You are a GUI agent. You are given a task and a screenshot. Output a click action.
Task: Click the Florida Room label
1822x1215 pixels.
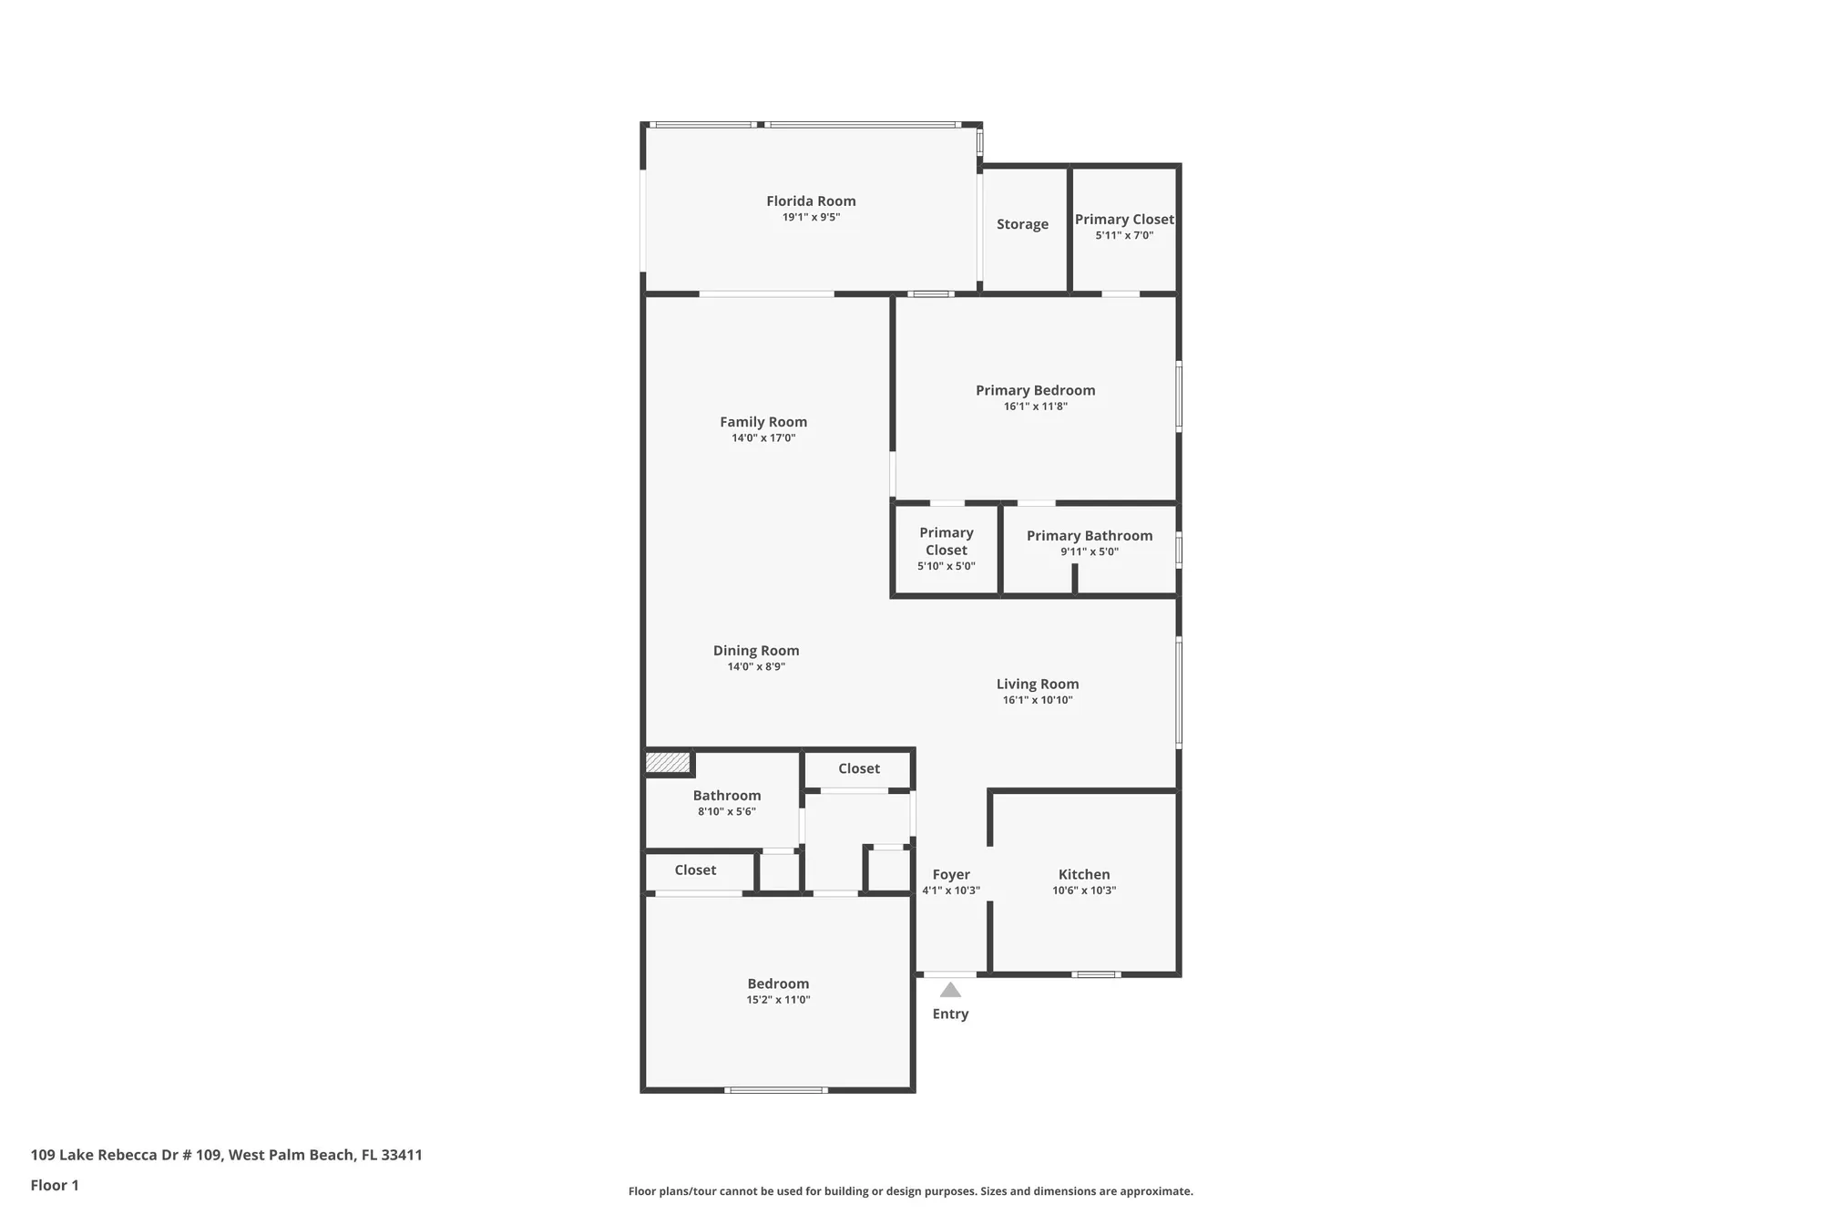(x=811, y=201)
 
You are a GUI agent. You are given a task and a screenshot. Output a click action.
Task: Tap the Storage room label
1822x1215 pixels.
(x=1022, y=224)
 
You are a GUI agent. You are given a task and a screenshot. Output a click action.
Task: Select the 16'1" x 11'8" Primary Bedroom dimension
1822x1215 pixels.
(x=1035, y=407)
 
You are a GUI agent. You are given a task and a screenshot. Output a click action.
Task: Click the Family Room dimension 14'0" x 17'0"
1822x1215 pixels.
(x=763, y=438)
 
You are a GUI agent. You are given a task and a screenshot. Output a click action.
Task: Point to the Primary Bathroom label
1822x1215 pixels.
(x=1090, y=536)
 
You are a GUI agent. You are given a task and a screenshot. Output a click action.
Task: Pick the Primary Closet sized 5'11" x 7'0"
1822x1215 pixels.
(x=1124, y=226)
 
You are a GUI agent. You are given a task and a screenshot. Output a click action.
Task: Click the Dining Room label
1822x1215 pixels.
(x=756, y=651)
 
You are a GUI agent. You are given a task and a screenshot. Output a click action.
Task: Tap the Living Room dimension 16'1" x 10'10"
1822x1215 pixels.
(x=1038, y=700)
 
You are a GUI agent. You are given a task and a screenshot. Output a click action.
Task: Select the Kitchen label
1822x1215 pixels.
(x=1084, y=874)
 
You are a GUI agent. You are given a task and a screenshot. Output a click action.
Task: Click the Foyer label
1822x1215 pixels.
(x=951, y=874)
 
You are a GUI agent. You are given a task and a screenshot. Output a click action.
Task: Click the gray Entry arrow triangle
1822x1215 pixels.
(x=950, y=991)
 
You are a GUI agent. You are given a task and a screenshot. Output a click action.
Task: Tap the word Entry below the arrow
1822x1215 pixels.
(x=950, y=1014)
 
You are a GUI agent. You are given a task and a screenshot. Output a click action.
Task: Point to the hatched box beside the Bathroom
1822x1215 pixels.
(x=668, y=763)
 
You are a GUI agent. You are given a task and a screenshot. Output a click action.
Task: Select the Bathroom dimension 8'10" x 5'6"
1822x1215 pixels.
(x=727, y=811)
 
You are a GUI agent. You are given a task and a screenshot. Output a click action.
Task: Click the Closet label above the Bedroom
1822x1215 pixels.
(x=695, y=870)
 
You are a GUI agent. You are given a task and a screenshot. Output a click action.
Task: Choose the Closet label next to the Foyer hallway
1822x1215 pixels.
(x=859, y=769)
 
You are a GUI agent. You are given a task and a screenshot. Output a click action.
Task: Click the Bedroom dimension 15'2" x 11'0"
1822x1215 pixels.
(x=778, y=1000)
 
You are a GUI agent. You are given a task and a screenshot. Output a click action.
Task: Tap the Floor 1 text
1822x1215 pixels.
(x=55, y=1185)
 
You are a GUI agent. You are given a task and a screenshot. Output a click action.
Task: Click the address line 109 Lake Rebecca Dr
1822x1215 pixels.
(x=226, y=1155)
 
